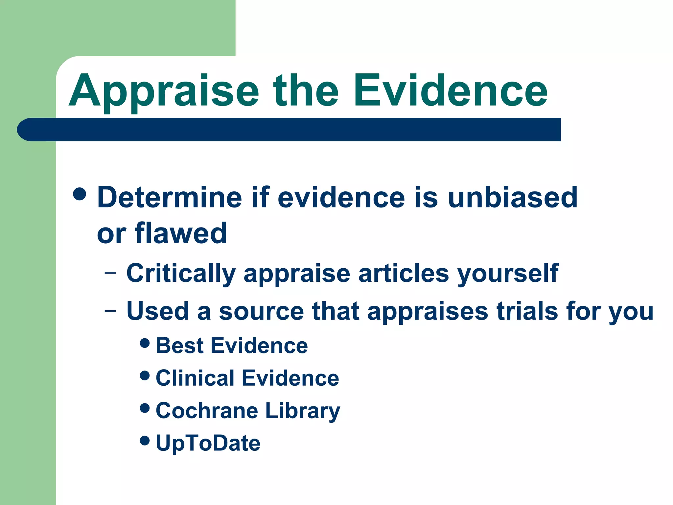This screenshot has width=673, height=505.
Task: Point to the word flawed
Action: coord(181,233)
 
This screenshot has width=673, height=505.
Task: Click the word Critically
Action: coord(181,274)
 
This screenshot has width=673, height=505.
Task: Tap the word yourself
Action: coord(508,274)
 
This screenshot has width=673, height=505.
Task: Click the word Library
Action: coord(302,411)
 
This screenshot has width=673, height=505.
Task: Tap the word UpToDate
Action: coord(208,443)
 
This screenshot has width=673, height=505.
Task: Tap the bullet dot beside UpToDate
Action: coord(145,441)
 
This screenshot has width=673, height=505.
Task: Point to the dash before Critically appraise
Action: coord(110,273)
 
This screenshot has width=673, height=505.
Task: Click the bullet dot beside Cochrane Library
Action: coord(145,408)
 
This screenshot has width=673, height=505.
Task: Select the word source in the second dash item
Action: coord(261,312)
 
